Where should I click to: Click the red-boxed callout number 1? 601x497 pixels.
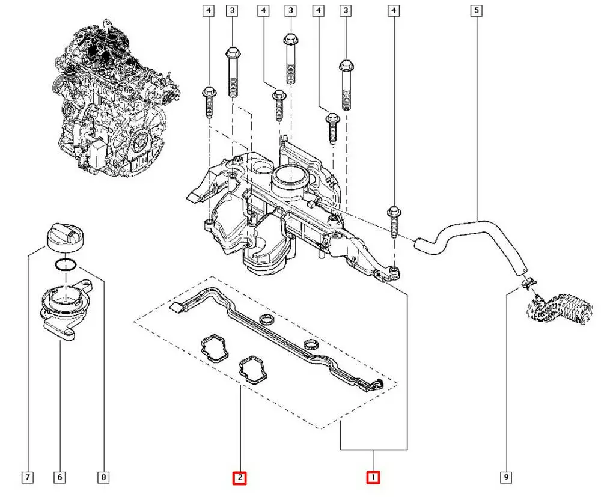click(373, 478)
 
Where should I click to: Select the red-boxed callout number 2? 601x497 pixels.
click(240, 478)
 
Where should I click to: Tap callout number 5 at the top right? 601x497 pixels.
click(477, 10)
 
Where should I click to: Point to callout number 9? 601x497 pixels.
click(507, 478)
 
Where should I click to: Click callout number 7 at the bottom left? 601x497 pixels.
click(27, 478)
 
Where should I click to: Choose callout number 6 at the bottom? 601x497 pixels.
click(60, 478)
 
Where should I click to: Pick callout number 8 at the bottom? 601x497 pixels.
click(103, 478)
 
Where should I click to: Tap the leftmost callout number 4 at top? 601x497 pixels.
click(208, 10)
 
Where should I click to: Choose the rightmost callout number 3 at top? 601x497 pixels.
click(345, 10)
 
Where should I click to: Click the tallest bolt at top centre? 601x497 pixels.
click(290, 57)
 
